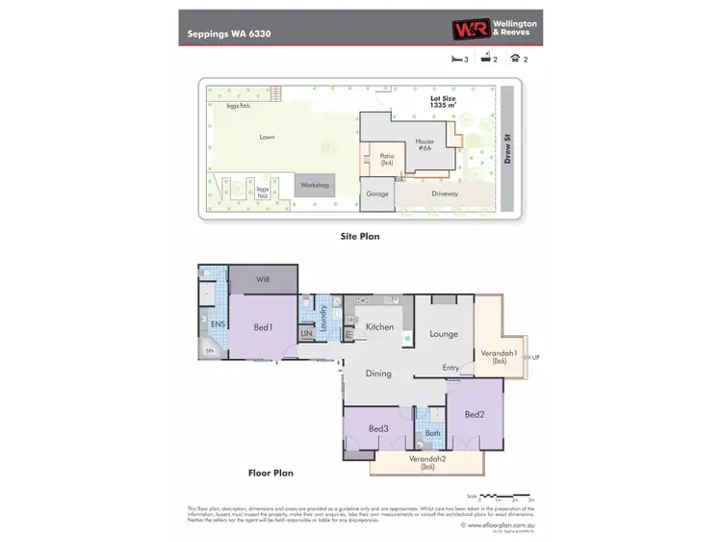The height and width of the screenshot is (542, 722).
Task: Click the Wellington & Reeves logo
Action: point(495,29)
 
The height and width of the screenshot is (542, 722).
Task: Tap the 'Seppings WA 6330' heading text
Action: point(228,33)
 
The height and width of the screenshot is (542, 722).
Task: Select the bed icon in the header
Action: point(456,59)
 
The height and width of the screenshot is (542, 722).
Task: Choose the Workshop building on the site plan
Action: point(315,185)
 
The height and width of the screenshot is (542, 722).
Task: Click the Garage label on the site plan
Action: point(377,194)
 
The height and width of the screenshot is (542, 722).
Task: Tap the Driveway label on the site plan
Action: point(445,194)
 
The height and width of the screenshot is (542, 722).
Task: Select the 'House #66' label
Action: point(425,145)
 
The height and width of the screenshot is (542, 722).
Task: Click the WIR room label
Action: point(262,279)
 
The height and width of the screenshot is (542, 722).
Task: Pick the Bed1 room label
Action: point(264,327)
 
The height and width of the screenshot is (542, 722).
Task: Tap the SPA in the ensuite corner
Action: point(210,351)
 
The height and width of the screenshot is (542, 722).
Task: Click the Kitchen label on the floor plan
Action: point(380,327)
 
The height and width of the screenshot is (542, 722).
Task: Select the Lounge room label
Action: point(444,334)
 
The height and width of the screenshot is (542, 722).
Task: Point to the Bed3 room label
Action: point(378,428)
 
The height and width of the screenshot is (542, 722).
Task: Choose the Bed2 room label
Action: point(474,415)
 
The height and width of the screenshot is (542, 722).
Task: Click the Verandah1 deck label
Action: point(501,355)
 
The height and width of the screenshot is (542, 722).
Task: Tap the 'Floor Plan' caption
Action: point(270,473)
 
